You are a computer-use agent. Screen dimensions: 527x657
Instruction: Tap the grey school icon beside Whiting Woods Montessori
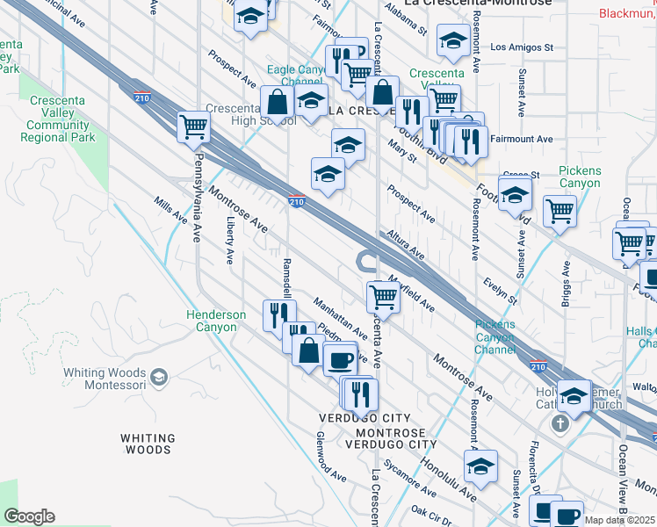point(159,378)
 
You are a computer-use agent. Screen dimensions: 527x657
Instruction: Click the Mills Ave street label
point(170,210)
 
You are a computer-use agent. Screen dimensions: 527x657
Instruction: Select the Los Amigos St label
point(522,47)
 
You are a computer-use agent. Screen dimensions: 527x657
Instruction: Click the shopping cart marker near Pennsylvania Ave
point(193,126)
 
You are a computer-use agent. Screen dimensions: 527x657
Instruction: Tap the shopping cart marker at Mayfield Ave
point(384,298)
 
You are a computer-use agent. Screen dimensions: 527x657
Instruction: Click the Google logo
point(30,516)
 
